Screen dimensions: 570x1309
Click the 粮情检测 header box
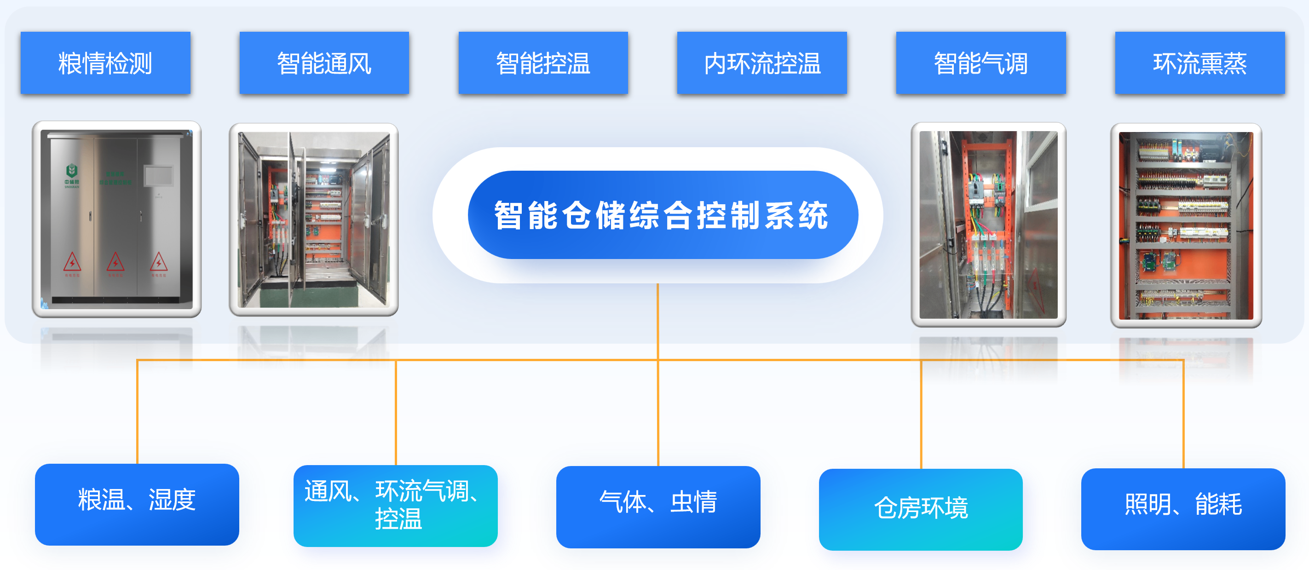click(x=105, y=63)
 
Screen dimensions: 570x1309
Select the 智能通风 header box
click(x=324, y=63)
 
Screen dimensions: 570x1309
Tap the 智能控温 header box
click(x=543, y=63)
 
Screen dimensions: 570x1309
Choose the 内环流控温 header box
click(x=762, y=63)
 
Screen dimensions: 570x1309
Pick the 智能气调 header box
click(x=981, y=63)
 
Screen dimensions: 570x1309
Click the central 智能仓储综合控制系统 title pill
click(x=662, y=215)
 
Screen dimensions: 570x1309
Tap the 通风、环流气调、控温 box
click(x=395, y=506)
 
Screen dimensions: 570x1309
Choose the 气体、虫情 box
click(x=658, y=507)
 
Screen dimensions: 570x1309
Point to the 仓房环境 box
click(x=920, y=509)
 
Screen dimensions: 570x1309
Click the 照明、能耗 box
click(x=1183, y=508)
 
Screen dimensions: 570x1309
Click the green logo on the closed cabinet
click(x=72, y=171)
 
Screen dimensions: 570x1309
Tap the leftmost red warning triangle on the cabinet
click(x=72, y=262)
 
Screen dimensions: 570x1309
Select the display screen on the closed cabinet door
click(x=159, y=176)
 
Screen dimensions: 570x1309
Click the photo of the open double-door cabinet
click(x=313, y=219)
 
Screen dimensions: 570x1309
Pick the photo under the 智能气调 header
click(x=988, y=225)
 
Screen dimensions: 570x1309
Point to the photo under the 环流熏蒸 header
click(x=1186, y=225)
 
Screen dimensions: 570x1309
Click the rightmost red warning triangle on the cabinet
click(x=159, y=262)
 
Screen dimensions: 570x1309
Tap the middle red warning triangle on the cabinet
click(x=115, y=262)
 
